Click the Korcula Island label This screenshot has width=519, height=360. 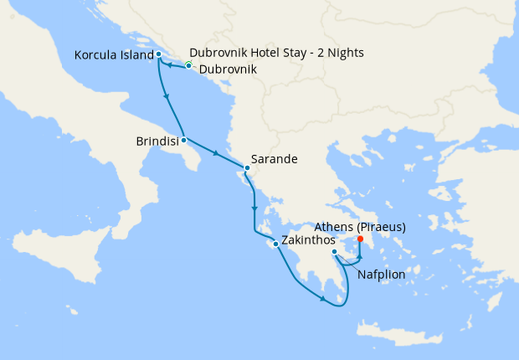(113, 54)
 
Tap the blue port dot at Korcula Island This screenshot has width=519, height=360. (158, 54)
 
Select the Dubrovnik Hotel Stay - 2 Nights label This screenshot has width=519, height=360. (276, 53)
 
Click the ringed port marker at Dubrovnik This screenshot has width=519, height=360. (189, 65)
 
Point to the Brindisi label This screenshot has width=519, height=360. (157, 142)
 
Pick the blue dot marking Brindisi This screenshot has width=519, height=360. (183, 139)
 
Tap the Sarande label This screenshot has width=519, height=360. (274, 157)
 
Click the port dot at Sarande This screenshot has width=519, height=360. (247, 167)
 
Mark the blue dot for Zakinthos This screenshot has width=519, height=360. (275, 244)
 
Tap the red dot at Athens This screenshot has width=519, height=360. (360, 239)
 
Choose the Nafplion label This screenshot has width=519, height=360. (382, 274)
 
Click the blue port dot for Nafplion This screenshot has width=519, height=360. (334, 252)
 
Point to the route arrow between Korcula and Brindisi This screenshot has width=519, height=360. (169, 97)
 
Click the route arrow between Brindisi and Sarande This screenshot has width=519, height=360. (216, 153)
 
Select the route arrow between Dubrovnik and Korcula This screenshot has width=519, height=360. (170, 64)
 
